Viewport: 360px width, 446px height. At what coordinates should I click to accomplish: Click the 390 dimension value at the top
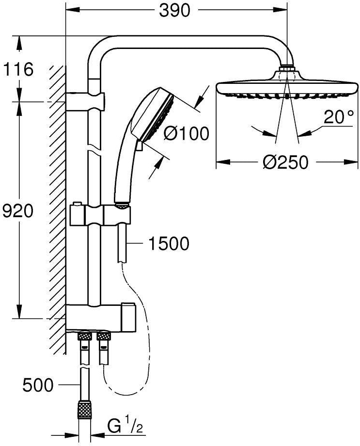(x=174, y=11)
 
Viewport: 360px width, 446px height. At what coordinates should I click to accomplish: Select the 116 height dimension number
(x=18, y=69)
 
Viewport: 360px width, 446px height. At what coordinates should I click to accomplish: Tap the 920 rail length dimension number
(x=17, y=211)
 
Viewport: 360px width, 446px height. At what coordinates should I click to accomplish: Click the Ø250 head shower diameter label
(x=285, y=162)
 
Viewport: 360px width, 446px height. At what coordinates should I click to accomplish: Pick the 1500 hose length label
(x=169, y=243)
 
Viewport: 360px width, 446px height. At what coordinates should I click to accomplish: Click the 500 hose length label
(x=38, y=385)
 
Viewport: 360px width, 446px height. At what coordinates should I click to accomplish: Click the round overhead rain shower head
(x=287, y=85)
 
